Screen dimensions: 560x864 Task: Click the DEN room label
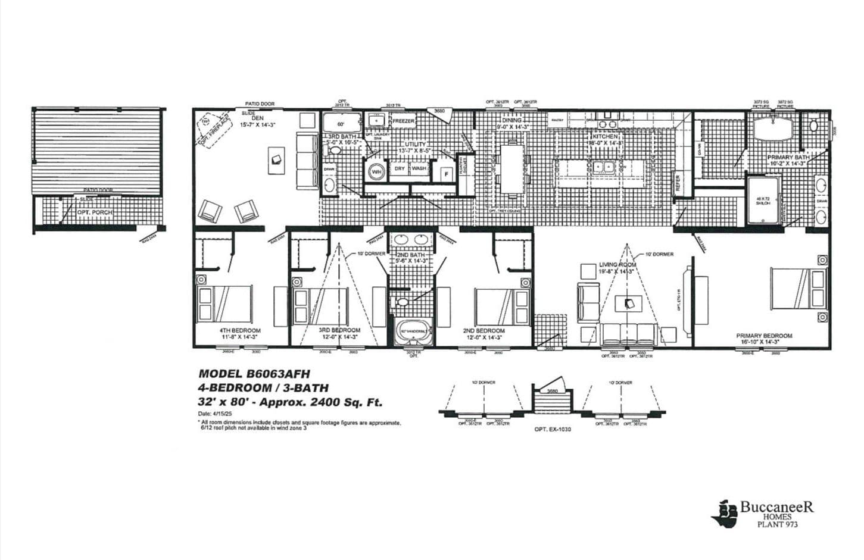coord(249,118)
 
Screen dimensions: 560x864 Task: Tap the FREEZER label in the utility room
coord(403,121)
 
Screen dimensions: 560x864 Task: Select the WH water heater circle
coord(376,171)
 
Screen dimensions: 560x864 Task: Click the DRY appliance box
coord(400,168)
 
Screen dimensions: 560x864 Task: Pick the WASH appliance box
coord(419,168)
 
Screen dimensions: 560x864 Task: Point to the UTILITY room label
coord(416,144)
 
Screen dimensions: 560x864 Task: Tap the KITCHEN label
coord(605,136)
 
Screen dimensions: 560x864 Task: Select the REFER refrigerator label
coord(678,184)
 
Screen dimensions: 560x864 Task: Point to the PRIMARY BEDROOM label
coord(764,336)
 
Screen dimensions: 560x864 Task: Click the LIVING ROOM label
coord(617,265)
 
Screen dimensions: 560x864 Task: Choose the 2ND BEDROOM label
coord(484,331)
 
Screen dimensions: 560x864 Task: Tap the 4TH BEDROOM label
coord(240,330)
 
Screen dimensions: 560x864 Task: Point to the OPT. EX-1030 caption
coord(553,429)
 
